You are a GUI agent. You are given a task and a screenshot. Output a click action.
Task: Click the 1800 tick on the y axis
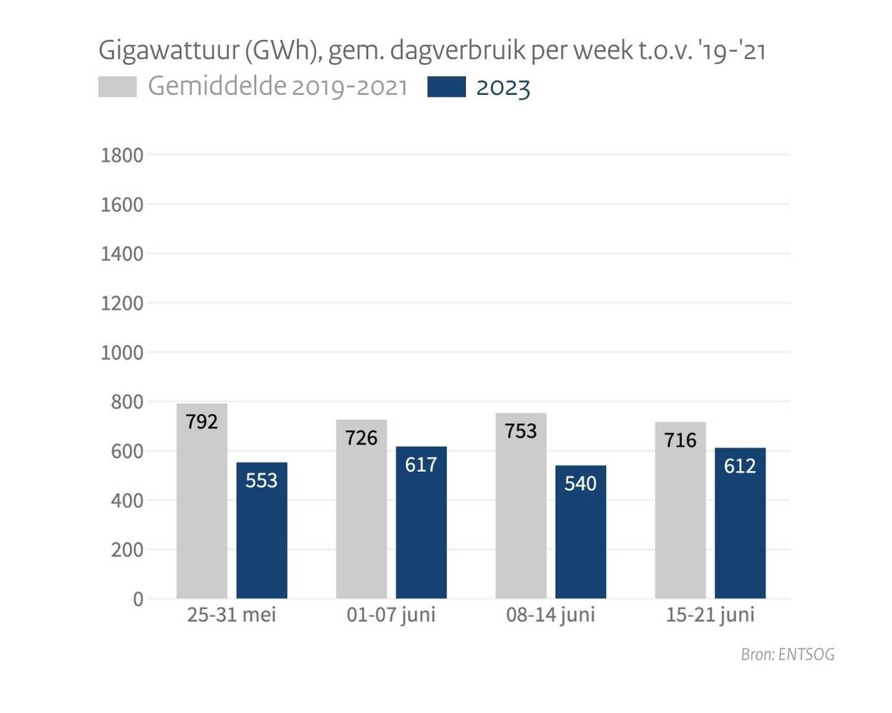pyautogui.click(x=122, y=156)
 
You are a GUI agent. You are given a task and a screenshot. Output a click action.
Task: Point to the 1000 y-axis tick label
pyautogui.click(x=122, y=353)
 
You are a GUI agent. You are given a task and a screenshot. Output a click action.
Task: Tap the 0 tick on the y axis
pyautogui.click(x=138, y=600)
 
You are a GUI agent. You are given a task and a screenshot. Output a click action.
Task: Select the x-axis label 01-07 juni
pyautogui.click(x=391, y=615)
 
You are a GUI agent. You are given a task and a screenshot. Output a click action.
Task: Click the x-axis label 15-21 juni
pyautogui.click(x=710, y=615)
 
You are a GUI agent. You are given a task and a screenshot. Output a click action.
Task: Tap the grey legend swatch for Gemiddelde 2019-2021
pyautogui.click(x=117, y=87)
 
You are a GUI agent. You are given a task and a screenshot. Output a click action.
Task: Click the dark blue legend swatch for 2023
pyautogui.click(x=446, y=87)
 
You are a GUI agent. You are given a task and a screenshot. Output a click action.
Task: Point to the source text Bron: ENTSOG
pyautogui.click(x=787, y=654)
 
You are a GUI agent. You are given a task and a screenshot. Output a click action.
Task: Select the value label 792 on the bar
pyautogui.click(x=202, y=422)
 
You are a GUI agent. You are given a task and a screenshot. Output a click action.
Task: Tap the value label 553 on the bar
pyautogui.click(x=261, y=480)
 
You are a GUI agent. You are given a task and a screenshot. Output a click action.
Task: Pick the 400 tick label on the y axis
pyautogui.click(x=127, y=501)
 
